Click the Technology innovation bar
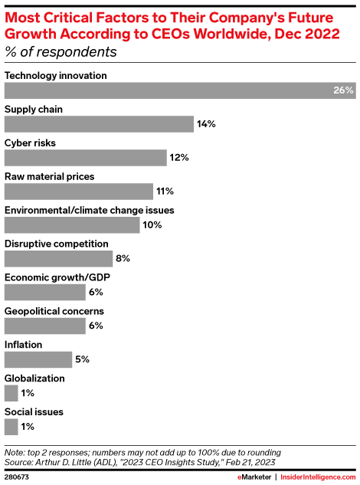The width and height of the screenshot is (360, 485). [180, 90]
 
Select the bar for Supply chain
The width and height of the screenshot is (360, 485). [99, 124]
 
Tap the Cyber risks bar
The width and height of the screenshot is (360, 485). [86, 158]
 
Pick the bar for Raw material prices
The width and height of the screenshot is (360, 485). [79, 192]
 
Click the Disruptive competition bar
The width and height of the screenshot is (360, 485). [58, 258]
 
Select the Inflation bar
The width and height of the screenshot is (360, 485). [38, 359]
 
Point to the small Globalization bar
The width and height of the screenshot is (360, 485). [11, 393]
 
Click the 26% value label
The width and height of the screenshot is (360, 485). [342, 90]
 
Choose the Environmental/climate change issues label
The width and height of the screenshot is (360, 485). [90, 209]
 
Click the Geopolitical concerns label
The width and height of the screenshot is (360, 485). [54, 311]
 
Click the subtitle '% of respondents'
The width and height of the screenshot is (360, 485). [61, 52]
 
